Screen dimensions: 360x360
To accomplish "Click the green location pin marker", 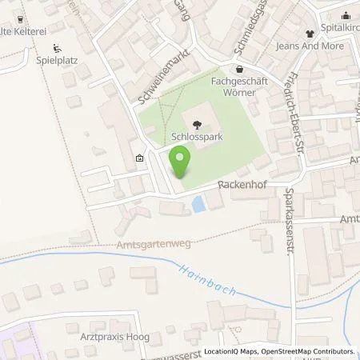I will (x=181, y=162).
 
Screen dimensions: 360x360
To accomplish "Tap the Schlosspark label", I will (x=197, y=137).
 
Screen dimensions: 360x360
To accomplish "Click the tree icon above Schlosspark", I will (x=197, y=123).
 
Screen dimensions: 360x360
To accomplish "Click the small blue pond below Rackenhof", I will (x=197, y=206).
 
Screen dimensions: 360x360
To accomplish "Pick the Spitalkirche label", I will (x=342, y=23).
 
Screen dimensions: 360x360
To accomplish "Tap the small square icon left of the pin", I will (x=140, y=158).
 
